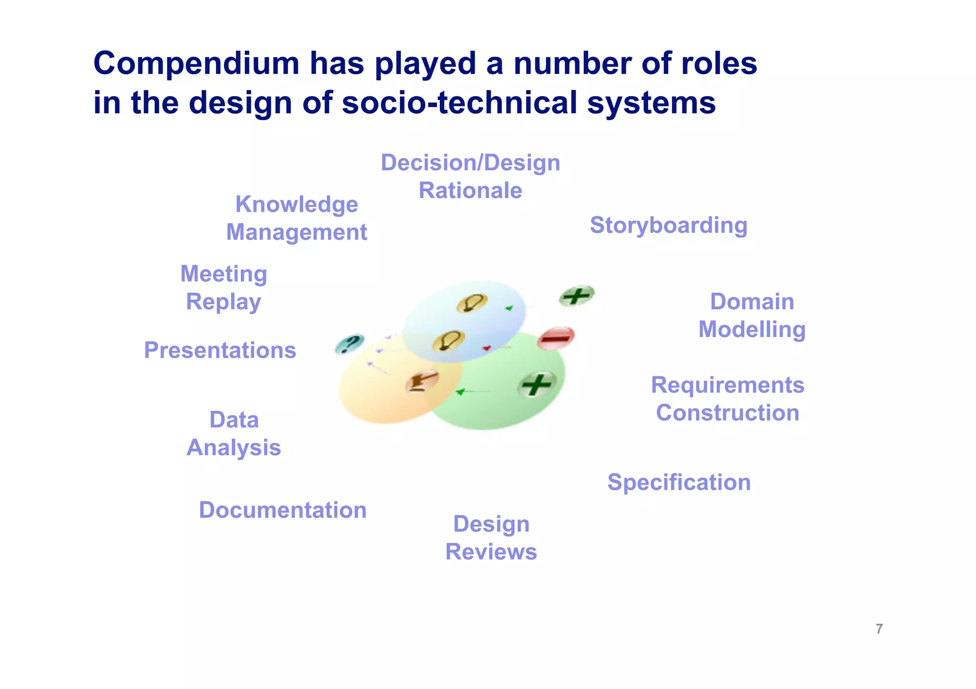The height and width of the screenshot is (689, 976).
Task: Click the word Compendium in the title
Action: click(x=196, y=64)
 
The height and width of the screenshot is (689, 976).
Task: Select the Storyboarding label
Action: click(x=668, y=225)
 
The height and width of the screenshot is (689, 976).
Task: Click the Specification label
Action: click(x=679, y=482)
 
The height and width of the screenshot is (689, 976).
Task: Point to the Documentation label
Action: click(x=283, y=510)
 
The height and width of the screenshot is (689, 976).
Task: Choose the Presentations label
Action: click(x=220, y=350)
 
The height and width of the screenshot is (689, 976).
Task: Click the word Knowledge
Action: click(x=296, y=205)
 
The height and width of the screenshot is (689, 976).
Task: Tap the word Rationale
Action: click(x=470, y=190)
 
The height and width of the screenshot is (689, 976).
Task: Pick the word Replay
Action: click(x=224, y=302)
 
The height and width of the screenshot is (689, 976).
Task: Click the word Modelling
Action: click(x=752, y=330)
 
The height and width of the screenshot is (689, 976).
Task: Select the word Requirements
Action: click(x=727, y=385)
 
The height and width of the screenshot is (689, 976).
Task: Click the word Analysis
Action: click(x=234, y=448)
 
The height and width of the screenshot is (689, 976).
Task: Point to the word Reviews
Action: click(x=491, y=552)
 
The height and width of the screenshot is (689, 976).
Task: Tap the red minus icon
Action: click(x=556, y=338)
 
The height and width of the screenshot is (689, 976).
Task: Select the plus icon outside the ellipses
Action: click(x=577, y=296)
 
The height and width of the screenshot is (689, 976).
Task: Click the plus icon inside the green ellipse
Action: click(x=537, y=384)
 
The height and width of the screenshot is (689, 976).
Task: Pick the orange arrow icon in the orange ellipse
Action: click(x=422, y=381)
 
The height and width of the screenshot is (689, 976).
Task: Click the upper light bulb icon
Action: click(x=471, y=303)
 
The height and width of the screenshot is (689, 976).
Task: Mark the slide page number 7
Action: click(x=879, y=629)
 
